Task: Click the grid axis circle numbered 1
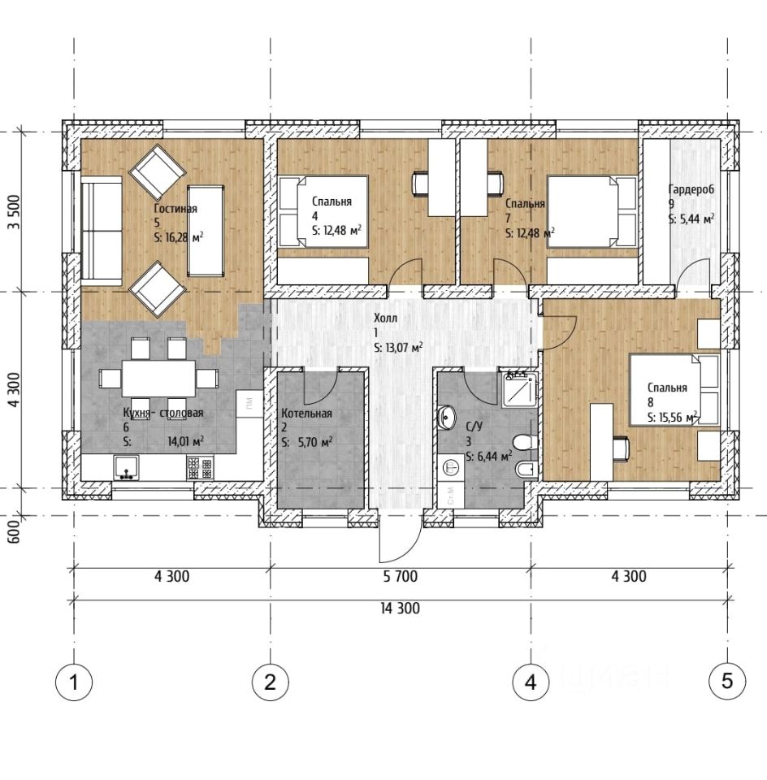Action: [x=74, y=682]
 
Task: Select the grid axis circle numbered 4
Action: [x=531, y=682]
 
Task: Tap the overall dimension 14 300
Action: [x=401, y=608]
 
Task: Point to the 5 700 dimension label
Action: [x=401, y=577]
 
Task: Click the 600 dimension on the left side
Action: [x=14, y=531]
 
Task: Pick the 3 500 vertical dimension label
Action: [x=14, y=212]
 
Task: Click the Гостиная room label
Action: [x=175, y=209]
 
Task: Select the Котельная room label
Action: [x=306, y=414]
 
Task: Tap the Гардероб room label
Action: [x=691, y=189]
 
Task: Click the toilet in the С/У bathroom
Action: [x=524, y=442]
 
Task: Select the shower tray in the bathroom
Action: [x=519, y=389]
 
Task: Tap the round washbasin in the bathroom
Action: [x=448, y=416]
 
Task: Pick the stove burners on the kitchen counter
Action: [x=201, y=468]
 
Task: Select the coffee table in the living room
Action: [x=206, y=230]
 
